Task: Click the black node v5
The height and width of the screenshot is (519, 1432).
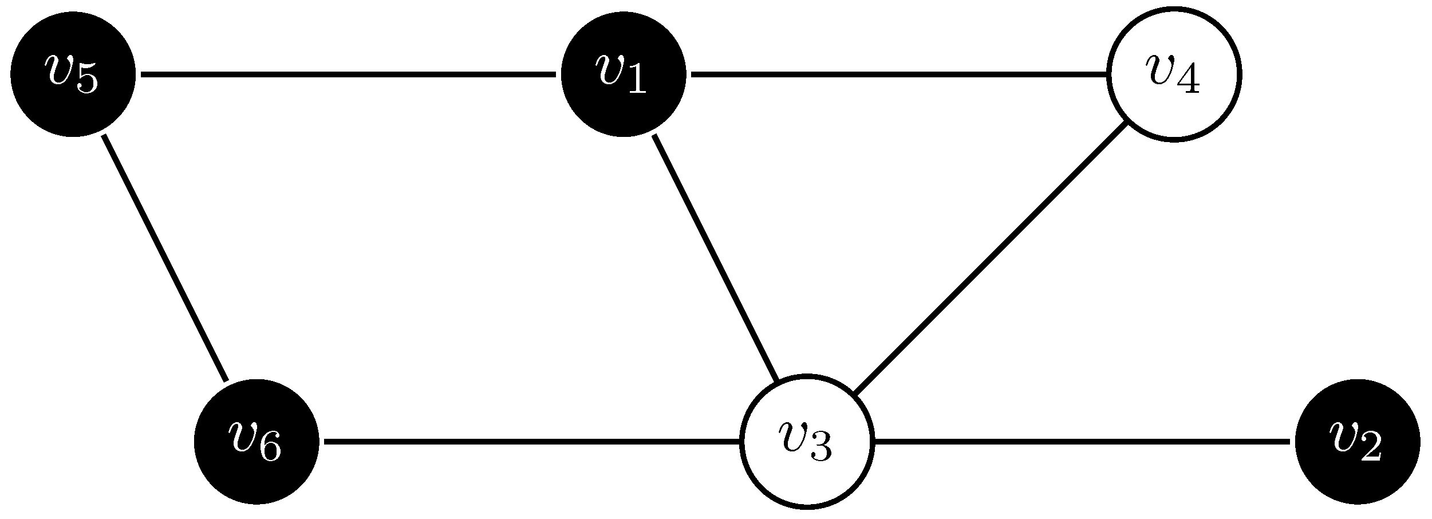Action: (73, 74)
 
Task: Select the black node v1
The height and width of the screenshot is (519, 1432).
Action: (623, 74)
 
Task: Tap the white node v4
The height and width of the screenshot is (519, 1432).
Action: (1174, 74)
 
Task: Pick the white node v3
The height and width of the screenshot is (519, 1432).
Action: (807, 442)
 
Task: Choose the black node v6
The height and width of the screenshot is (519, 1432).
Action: (257, 442)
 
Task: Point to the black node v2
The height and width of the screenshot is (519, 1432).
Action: (1358, 442)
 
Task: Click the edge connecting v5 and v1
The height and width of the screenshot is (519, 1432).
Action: (348, 74)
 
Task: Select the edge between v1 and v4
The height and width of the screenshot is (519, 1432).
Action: (899, 74)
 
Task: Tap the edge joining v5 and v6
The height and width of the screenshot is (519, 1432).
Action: (165, 258)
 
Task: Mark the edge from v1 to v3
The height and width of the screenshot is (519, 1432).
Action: (715, 258)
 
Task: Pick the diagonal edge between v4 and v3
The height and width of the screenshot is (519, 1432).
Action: (990, 258)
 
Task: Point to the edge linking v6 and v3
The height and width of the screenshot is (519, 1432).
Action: (531, 442)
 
